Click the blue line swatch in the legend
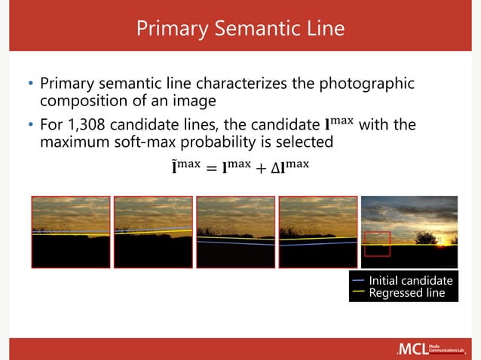click(x=359, y=281)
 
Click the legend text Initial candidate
click(x=410, y=281)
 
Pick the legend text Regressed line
click(x=406, y=293)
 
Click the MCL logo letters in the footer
click(x=412, y=349)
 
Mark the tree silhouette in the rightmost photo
click(x=427, y=238)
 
